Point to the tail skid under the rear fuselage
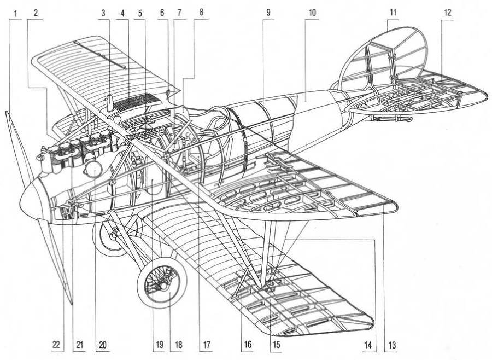(x=391, y=118)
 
